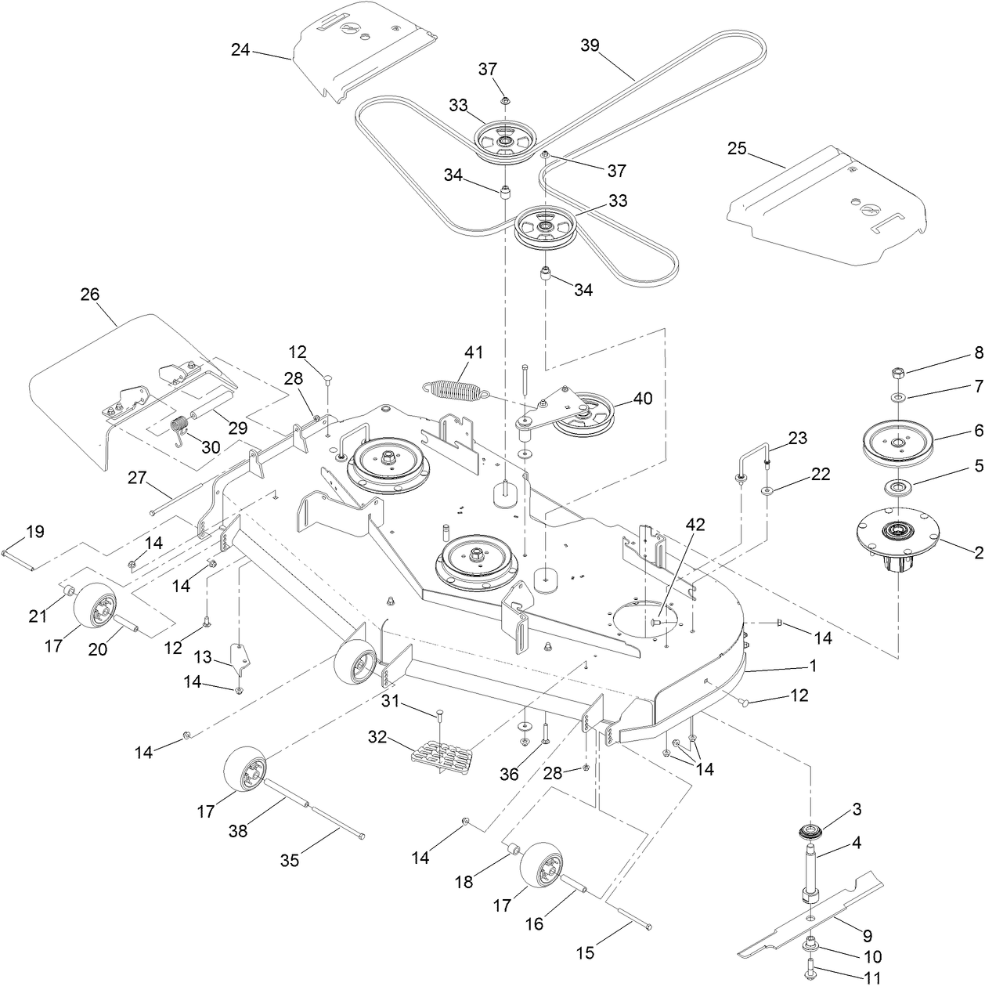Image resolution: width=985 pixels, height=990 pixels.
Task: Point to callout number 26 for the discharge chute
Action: [x=90, y=294]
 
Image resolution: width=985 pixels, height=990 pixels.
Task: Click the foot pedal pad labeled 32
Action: [x=442, y=758]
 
